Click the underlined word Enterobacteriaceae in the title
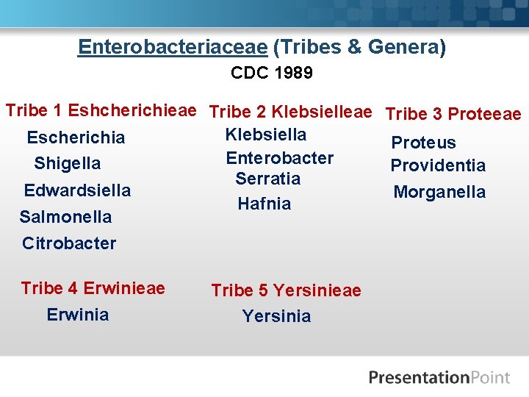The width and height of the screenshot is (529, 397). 173,48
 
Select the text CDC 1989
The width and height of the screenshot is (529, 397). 272,74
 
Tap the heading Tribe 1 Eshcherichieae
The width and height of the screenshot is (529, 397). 101,111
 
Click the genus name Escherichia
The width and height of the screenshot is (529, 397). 76,137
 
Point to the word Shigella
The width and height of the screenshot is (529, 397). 68,163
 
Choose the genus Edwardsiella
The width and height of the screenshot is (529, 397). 77,190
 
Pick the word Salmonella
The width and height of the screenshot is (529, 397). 65,217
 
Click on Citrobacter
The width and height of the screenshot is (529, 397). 69,243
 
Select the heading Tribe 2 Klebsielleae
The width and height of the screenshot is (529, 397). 290,112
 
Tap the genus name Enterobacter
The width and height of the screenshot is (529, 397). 279,158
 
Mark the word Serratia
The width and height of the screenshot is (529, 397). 267,179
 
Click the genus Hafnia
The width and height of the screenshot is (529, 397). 264,204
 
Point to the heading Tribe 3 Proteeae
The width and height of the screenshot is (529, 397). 453,114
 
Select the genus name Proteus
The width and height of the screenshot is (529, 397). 423,143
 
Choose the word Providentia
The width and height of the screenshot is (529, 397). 438,165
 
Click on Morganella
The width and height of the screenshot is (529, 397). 439,192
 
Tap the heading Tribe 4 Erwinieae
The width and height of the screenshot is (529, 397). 93,287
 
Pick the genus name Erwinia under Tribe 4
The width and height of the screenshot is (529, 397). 78,315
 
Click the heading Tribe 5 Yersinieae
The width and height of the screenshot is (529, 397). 286,290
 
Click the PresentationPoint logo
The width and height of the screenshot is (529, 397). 439,378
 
